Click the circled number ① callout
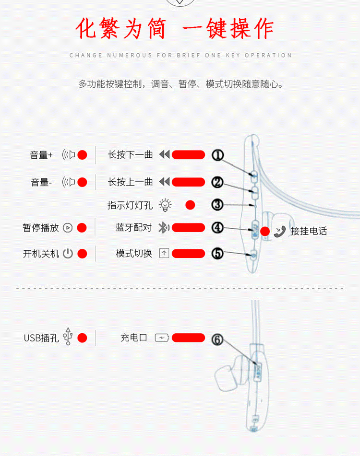[218, 155]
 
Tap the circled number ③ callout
[218, 205]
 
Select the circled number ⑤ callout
[218, 254]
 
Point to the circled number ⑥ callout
[218, 339]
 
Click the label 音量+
[41, 155]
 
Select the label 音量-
[41, 182]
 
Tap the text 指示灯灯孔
[130, 205]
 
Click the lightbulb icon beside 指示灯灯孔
[165, 205]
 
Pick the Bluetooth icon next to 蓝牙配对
[163, 228]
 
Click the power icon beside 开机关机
[68, 254]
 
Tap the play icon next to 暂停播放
[68, 228]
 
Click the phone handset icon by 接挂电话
[280, 231]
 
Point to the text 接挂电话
[309, 231]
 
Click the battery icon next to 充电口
[162, 338]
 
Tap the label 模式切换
[133, 254]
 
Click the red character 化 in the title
[87, 29]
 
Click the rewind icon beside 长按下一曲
[165, 155]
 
